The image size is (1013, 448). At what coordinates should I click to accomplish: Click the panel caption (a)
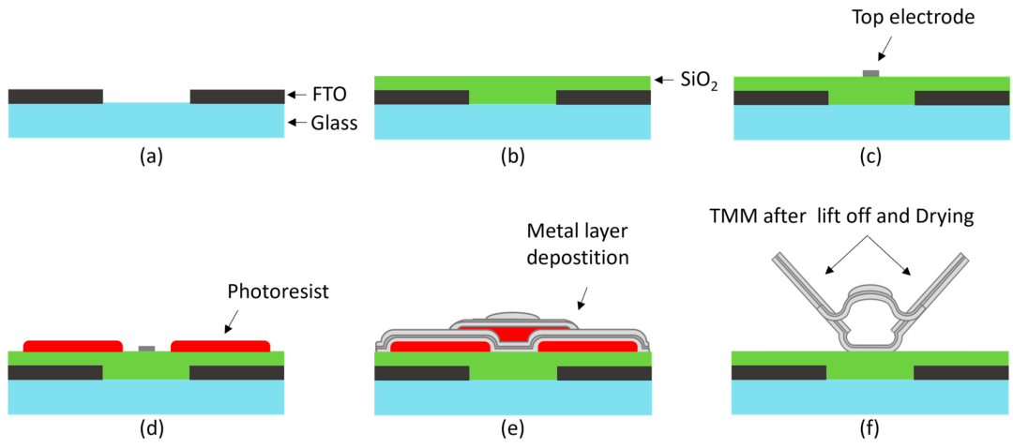[145, 156]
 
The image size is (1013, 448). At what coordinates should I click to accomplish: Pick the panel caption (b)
[512, 156]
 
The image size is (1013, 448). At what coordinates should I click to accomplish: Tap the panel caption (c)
[870, 156]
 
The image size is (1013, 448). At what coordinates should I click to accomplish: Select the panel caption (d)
[145, 426]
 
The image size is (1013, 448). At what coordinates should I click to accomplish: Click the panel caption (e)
[512, 426]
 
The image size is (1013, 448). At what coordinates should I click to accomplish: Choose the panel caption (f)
[870, 426]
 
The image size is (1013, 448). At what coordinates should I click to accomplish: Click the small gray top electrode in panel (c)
[870, 73]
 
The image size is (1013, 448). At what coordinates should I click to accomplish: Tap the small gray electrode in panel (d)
[146, 349]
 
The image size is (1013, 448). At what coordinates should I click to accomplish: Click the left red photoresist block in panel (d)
[72, 346]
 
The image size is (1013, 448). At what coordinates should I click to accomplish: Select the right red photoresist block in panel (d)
[220, 346]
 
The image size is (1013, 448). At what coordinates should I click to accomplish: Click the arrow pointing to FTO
[295, 96]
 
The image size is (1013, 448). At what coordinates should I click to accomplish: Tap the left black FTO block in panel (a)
[55, 97]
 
